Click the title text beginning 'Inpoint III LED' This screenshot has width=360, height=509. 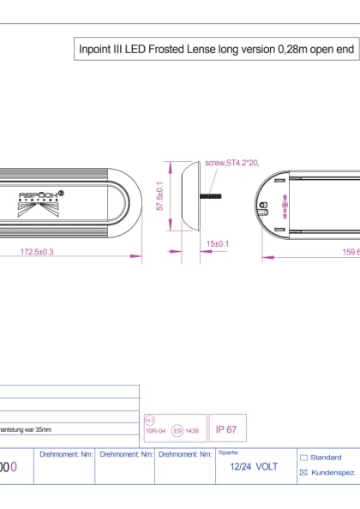(x=216, y=51)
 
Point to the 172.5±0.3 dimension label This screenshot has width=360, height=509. (x=37, y=252)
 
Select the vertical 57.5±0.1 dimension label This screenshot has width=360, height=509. (x=159, y=197)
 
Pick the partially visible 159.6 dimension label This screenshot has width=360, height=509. (x=350, y=252)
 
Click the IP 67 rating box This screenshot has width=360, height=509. (x=226, y=429)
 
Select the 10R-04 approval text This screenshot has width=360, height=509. (x=155, y=432)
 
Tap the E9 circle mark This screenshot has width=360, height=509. (x=177, y=432)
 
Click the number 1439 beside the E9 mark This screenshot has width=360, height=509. (x=194, y=432)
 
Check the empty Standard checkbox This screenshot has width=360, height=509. (x=303, y=458)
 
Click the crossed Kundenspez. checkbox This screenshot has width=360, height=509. (x=303, y=472)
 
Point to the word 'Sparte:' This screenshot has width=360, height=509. (x=228, y=452)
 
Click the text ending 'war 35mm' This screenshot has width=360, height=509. (x=26, y=429)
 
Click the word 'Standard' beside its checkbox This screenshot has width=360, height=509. (x=326, y=458)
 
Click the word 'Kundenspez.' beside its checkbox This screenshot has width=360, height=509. (x=333, y=472)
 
